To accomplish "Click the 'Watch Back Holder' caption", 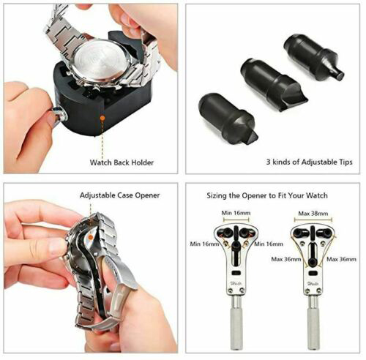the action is pos(122,162).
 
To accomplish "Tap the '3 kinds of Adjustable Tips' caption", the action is pos(310,162).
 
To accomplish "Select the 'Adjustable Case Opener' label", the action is pos(119,195).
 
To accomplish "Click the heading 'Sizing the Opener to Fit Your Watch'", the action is pos(267,195).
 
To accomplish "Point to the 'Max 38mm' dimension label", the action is pos(313,214).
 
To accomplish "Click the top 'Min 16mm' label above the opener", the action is pos(236,213).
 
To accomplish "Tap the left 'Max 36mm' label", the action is pos(286,259).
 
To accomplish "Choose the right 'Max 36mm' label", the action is pos(341,259).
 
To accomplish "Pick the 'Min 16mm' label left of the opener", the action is pos(204,244).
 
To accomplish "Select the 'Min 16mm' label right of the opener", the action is pos(269,244).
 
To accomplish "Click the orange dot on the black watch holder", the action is pos(102,118).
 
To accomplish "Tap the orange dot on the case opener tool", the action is pos(91,237).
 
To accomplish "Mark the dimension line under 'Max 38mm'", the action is pos(313,220).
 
